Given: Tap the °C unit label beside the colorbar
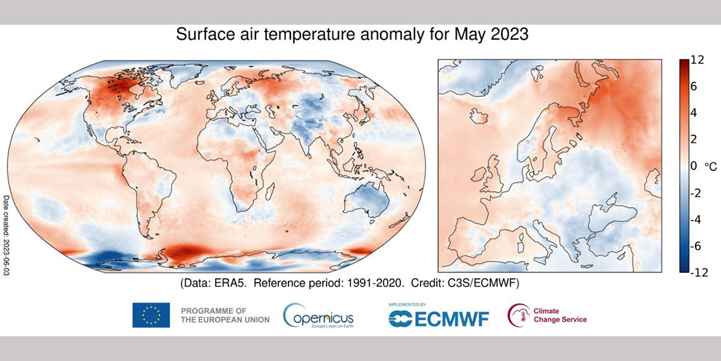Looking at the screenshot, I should [x=710, y=166].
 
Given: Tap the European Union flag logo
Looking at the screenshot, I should [x=151, y=315].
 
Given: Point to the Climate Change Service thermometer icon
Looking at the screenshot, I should [x=519, y=315].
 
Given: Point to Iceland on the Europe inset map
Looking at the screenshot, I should [x=479, y=116].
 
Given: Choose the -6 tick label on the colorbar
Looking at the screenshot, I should [x=698, y=246].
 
